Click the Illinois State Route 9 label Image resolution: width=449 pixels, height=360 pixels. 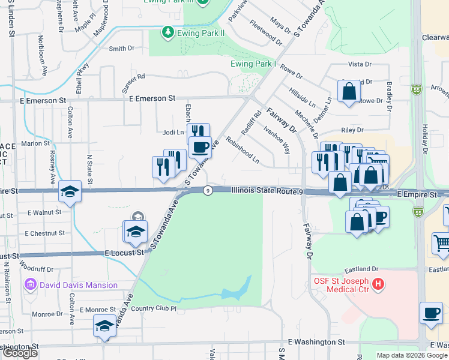pyautogui.click(x=268, y=191)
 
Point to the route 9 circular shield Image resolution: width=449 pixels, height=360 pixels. pyautogui.click(x=207, y=191)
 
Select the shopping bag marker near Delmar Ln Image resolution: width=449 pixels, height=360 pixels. pyautogui.click(x=349, y=92)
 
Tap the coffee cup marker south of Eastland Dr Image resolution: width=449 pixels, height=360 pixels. pyautogui.click(x=430, y=312)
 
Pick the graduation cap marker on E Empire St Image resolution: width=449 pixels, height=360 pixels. pyautogui.click(x=70, y=191)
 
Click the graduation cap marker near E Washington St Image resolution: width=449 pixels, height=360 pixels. pyautogui.click(x=104, y=326)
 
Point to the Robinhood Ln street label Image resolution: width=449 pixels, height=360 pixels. pyautogui.click(x=243, y=150)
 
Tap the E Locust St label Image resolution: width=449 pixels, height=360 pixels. pyautogui.click(x=124, y=253)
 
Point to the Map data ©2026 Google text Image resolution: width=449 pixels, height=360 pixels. pyautogui.click(x=411, y=355)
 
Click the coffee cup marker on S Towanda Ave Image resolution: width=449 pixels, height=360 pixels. pyautogui.click(x=200, y=146)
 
